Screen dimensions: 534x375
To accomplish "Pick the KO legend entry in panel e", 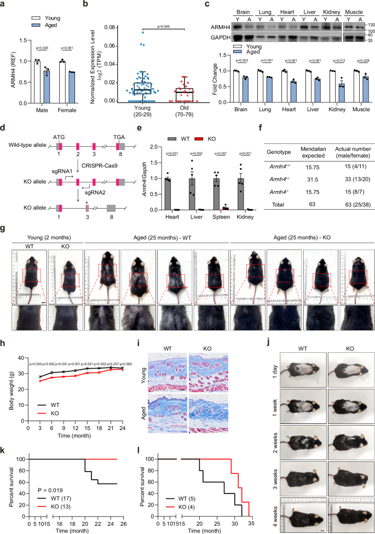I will click(208, 131).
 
